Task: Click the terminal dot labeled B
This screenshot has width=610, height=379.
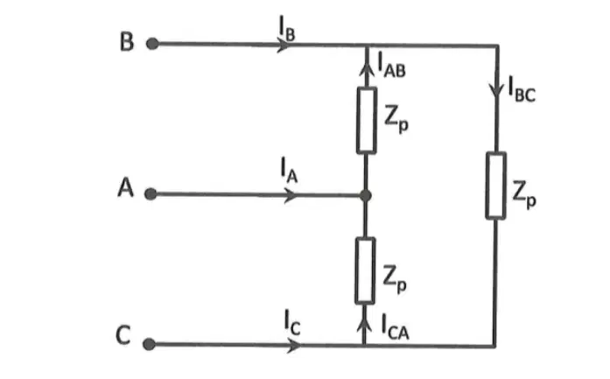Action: click(x=152, y=44)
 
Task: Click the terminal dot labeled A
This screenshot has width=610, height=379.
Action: click(x=151, y=193)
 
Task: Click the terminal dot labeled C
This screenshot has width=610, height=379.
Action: click(x=149, y=344)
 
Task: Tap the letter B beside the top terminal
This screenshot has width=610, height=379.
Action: click(x=127, y=42)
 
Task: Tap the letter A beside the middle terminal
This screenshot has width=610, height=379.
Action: click(x=126, y=187)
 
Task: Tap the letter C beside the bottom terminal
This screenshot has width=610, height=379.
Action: click(x=123, y=335)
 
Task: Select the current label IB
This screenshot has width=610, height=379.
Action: click(x=287, y=30)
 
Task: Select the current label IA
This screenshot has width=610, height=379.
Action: click(x=289, y=170)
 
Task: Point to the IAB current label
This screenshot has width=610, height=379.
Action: click(x=392, y=65)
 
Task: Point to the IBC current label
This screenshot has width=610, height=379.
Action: click(x=522, y=89)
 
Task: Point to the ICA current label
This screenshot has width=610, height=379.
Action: click(x=396, y=326)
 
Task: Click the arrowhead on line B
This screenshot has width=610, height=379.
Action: click(x=284, y=46)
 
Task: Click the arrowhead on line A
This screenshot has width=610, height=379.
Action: click(x=291, y=195)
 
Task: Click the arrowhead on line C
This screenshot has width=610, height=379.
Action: click(x=294, y=345)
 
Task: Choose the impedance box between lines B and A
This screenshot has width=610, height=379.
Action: click(x=367, y=121)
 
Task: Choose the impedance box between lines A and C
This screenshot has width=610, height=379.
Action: click(x=365, y=270)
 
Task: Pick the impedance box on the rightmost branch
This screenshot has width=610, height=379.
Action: click(x=496, y=186)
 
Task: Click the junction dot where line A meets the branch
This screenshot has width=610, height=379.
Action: click(x=365, y=195)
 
